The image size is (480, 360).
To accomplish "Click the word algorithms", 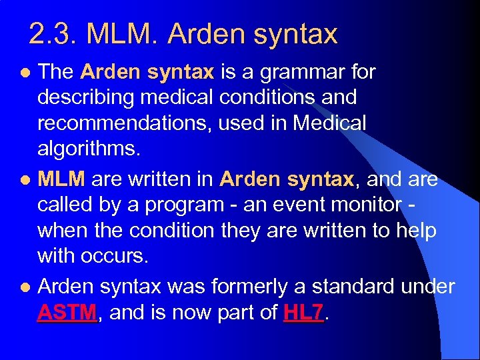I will [89, 149].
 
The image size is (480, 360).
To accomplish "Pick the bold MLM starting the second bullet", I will [61, 179].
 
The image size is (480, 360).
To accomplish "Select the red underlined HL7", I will [303, 313].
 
